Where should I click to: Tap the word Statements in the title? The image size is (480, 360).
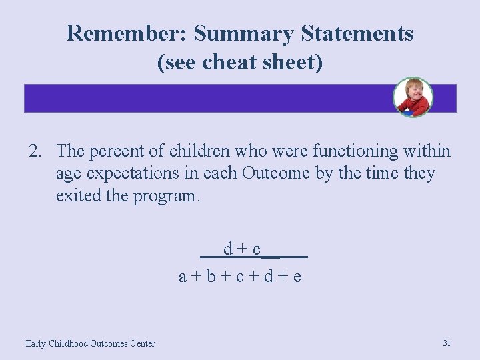click(353, 33)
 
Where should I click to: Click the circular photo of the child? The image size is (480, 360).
click(413, 97)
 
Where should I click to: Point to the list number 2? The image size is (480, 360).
click(35, 152)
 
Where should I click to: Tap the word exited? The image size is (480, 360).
click(75, 196)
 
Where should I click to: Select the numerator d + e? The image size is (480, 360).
click(242, 249)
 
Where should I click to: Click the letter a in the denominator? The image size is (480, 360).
click(183, 275)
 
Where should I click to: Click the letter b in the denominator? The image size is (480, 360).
click(211, 275)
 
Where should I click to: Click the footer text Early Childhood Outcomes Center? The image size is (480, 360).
click(90, 343)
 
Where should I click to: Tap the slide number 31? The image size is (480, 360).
click(447, 343)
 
